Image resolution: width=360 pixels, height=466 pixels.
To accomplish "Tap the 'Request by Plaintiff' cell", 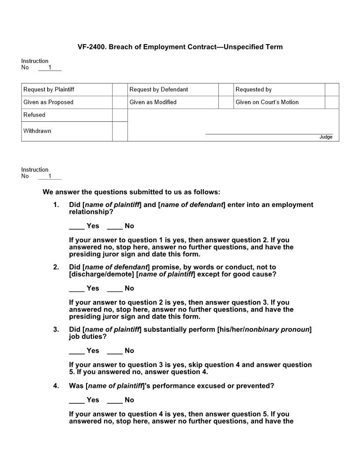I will click(x=49, y=90).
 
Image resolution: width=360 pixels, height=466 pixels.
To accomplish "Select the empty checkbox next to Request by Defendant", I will click(x=226, y=90).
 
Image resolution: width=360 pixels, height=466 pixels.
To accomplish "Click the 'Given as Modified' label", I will click(x=153, y=102).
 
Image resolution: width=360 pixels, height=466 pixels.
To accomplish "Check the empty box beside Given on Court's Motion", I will click(x=332, y=102).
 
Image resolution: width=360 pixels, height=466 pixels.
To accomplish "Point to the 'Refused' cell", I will click(x=34, y=115).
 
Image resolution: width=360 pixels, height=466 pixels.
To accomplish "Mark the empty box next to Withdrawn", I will click(x=120, y=132).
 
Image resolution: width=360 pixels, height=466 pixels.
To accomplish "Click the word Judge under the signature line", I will click(x=326, y=137).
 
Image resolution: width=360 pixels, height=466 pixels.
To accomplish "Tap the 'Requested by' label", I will click(x=253, y=90).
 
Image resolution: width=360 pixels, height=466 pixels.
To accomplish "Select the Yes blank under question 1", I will click(x=77, y=226).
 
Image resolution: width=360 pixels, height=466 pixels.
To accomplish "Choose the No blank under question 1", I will click(x=115, y=226).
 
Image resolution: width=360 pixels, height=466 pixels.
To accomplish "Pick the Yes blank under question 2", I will click(x=77, y=289).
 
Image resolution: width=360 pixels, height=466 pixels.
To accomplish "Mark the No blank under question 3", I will click(x=115, y=351).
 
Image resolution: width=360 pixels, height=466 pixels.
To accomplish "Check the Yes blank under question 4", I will click(x=77, y=400).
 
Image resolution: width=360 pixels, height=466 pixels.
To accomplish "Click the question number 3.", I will click(x=56, y=330).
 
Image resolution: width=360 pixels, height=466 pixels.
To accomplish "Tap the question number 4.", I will click(x=56, y=386).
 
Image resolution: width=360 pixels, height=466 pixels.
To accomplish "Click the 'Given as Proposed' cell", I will click(x=49, y=102).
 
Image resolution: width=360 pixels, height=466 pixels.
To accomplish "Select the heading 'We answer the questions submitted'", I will click(x=131, y=192).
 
